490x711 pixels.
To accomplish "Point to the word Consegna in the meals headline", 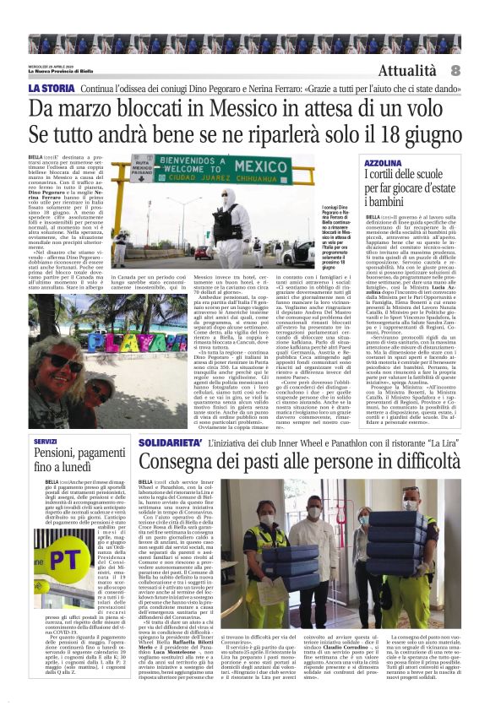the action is tap(179, 461).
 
